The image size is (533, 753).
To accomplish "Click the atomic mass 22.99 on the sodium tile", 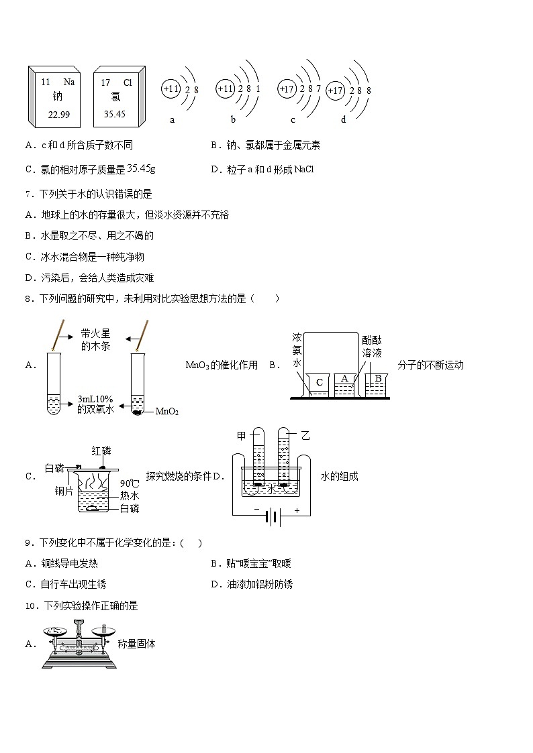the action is [x=59, y=115].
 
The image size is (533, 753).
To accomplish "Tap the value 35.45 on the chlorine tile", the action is [x=115, y=114].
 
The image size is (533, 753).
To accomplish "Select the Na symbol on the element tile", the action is [x=69, y=82].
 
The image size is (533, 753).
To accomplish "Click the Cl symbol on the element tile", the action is [x=128, y=82].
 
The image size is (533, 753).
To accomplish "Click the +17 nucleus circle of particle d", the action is [x=335, y=91].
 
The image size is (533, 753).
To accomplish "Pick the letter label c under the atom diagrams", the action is [x=293, y=120].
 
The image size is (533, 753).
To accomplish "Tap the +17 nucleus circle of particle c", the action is [x=287, y=89].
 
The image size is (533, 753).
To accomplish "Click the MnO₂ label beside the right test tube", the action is [x=166, y=412].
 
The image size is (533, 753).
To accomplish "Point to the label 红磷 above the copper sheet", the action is [x=103, y=450].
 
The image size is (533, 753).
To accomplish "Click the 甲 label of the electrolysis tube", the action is [x=242, y=436].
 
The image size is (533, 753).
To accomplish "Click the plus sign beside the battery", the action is [x=297, y=510].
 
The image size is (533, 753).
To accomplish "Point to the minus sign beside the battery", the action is [x=256, y=510].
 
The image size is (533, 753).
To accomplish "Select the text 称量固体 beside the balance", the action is [x=136, y=644].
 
